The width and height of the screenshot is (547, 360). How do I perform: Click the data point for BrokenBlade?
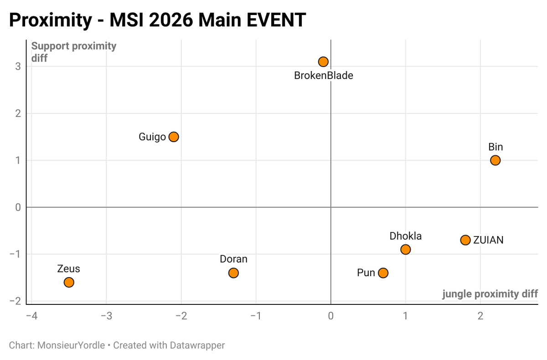(323, 62)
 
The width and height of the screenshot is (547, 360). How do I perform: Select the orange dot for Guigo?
(174, 137)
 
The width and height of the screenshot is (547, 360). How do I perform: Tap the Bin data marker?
(495, 160)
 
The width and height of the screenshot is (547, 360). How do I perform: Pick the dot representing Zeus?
(69, 283)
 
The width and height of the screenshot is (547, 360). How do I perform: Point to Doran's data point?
(233, 273)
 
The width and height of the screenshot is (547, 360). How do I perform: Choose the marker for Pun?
(383, 273)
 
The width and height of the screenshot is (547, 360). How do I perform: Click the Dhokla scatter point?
(405, 249)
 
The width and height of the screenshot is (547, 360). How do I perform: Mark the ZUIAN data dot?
(465, 240)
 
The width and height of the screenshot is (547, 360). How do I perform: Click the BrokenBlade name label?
(324, 76)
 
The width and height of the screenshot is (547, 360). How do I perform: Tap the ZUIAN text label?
(488, 240)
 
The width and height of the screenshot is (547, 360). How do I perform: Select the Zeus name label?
(69, 269)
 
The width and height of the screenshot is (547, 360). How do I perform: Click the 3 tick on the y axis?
(18, 67)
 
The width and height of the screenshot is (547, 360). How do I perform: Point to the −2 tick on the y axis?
(15, 301)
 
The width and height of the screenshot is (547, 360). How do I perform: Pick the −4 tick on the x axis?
(32, 316)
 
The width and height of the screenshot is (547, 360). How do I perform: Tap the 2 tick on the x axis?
(480, 316)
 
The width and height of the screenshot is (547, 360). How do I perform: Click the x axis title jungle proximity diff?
(490, 294)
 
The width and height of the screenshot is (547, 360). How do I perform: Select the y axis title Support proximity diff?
(74, 52)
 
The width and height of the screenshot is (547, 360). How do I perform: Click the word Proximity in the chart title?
(51, 20)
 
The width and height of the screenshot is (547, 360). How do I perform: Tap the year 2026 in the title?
(171, 20)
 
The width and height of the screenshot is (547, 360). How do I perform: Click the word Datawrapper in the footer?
(197, 345)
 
